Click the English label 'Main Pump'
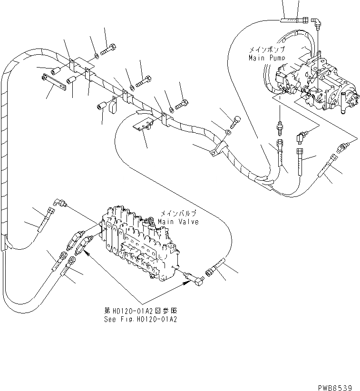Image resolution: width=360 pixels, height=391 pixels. point(267,58)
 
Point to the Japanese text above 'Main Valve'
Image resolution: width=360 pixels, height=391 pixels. point(179,214)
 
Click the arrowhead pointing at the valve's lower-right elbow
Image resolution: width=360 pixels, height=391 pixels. point(186,284)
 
